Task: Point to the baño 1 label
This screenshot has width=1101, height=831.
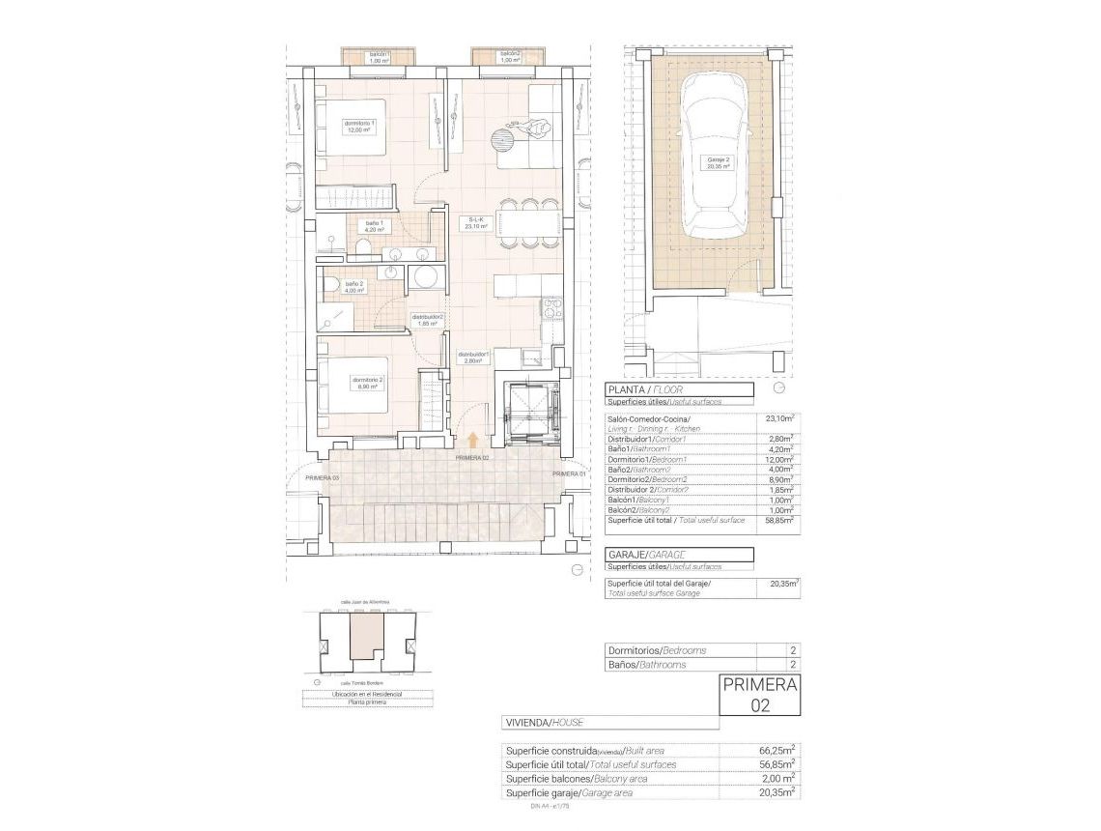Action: point(374,227)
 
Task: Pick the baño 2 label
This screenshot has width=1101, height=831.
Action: point(354,287)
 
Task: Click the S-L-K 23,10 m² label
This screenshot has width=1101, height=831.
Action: point(477,223)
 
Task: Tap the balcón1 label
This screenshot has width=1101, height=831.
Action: point(379,57)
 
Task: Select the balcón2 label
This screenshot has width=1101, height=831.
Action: point(510,57)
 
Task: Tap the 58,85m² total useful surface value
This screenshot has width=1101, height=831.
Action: point(776,520)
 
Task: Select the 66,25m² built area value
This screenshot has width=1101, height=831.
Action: point(776,750)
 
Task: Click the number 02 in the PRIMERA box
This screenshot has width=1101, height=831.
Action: point(760,706)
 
